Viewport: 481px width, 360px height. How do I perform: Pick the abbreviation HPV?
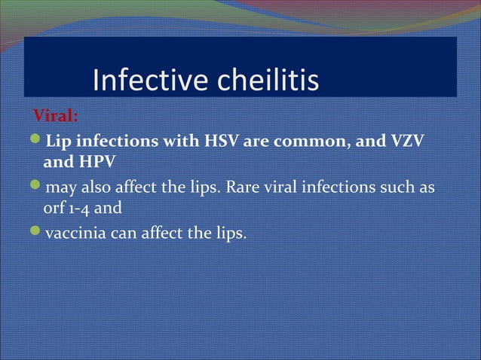95,161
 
